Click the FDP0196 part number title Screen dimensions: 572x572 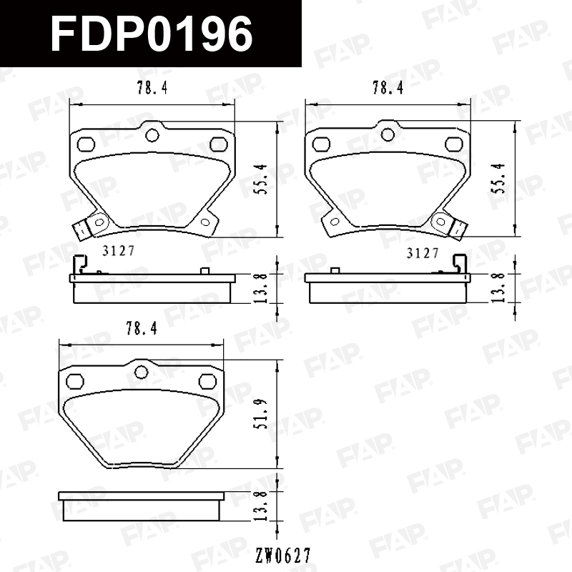tap(152, 34)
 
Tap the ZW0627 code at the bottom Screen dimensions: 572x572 tap(283, 556)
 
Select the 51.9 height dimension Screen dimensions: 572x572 tap(262, 414)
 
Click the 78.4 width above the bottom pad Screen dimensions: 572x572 tap(142, 328)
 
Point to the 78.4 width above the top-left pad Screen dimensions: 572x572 tap(152, 87)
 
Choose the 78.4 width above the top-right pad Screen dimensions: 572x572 tap(388, 87)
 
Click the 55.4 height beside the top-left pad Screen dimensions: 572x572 tap(262, 179)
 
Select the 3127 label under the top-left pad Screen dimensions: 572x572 tap(119, 251)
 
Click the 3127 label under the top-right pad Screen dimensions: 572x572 tap(423, 253)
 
